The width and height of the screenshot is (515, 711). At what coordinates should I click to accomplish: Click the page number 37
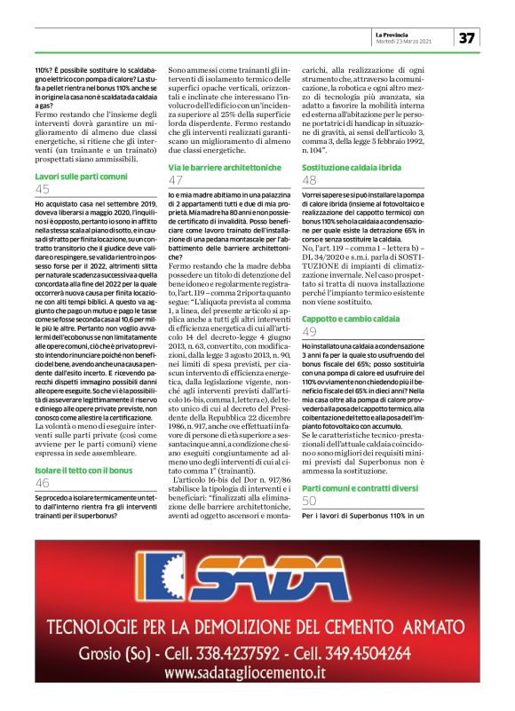(468, 37)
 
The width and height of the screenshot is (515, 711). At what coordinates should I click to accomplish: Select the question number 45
(43, 189)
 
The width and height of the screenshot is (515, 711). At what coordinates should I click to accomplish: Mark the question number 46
(43, 483)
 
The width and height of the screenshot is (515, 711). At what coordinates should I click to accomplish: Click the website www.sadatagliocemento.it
(257, 676)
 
